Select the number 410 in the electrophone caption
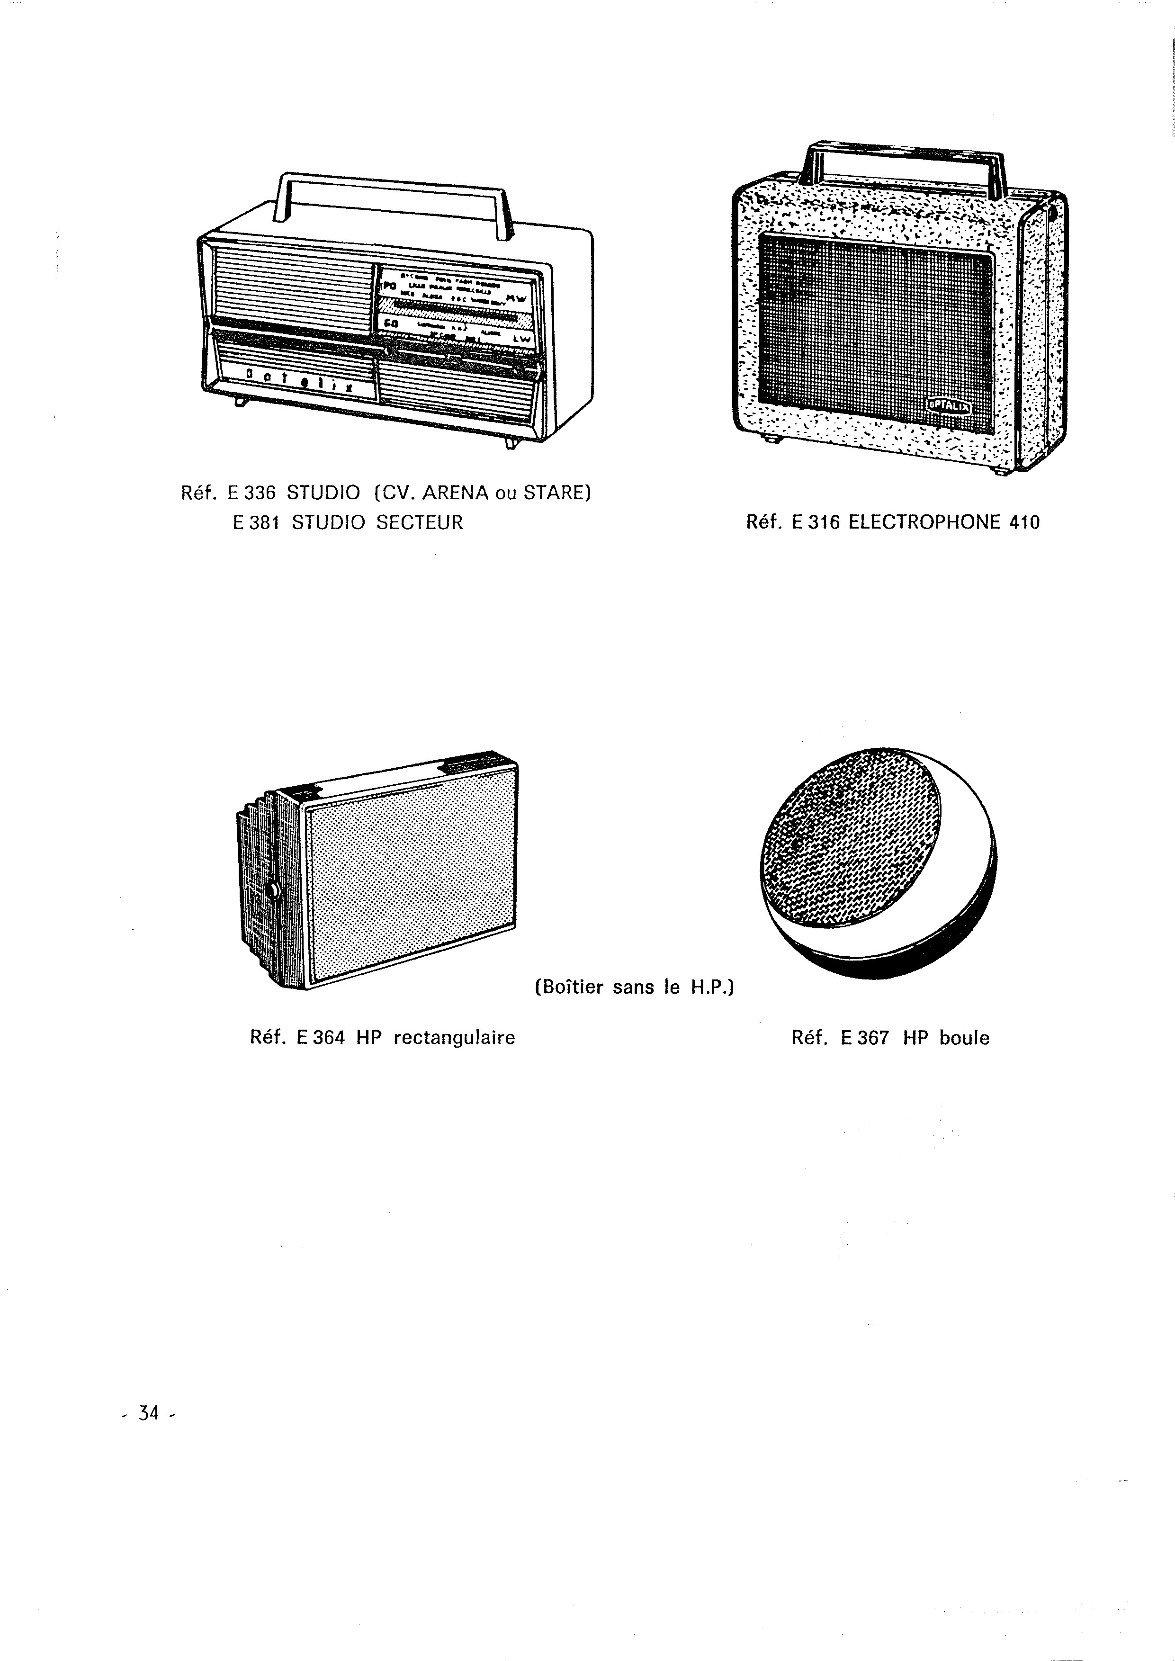(1024, 522)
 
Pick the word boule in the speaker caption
(964, 1038)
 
